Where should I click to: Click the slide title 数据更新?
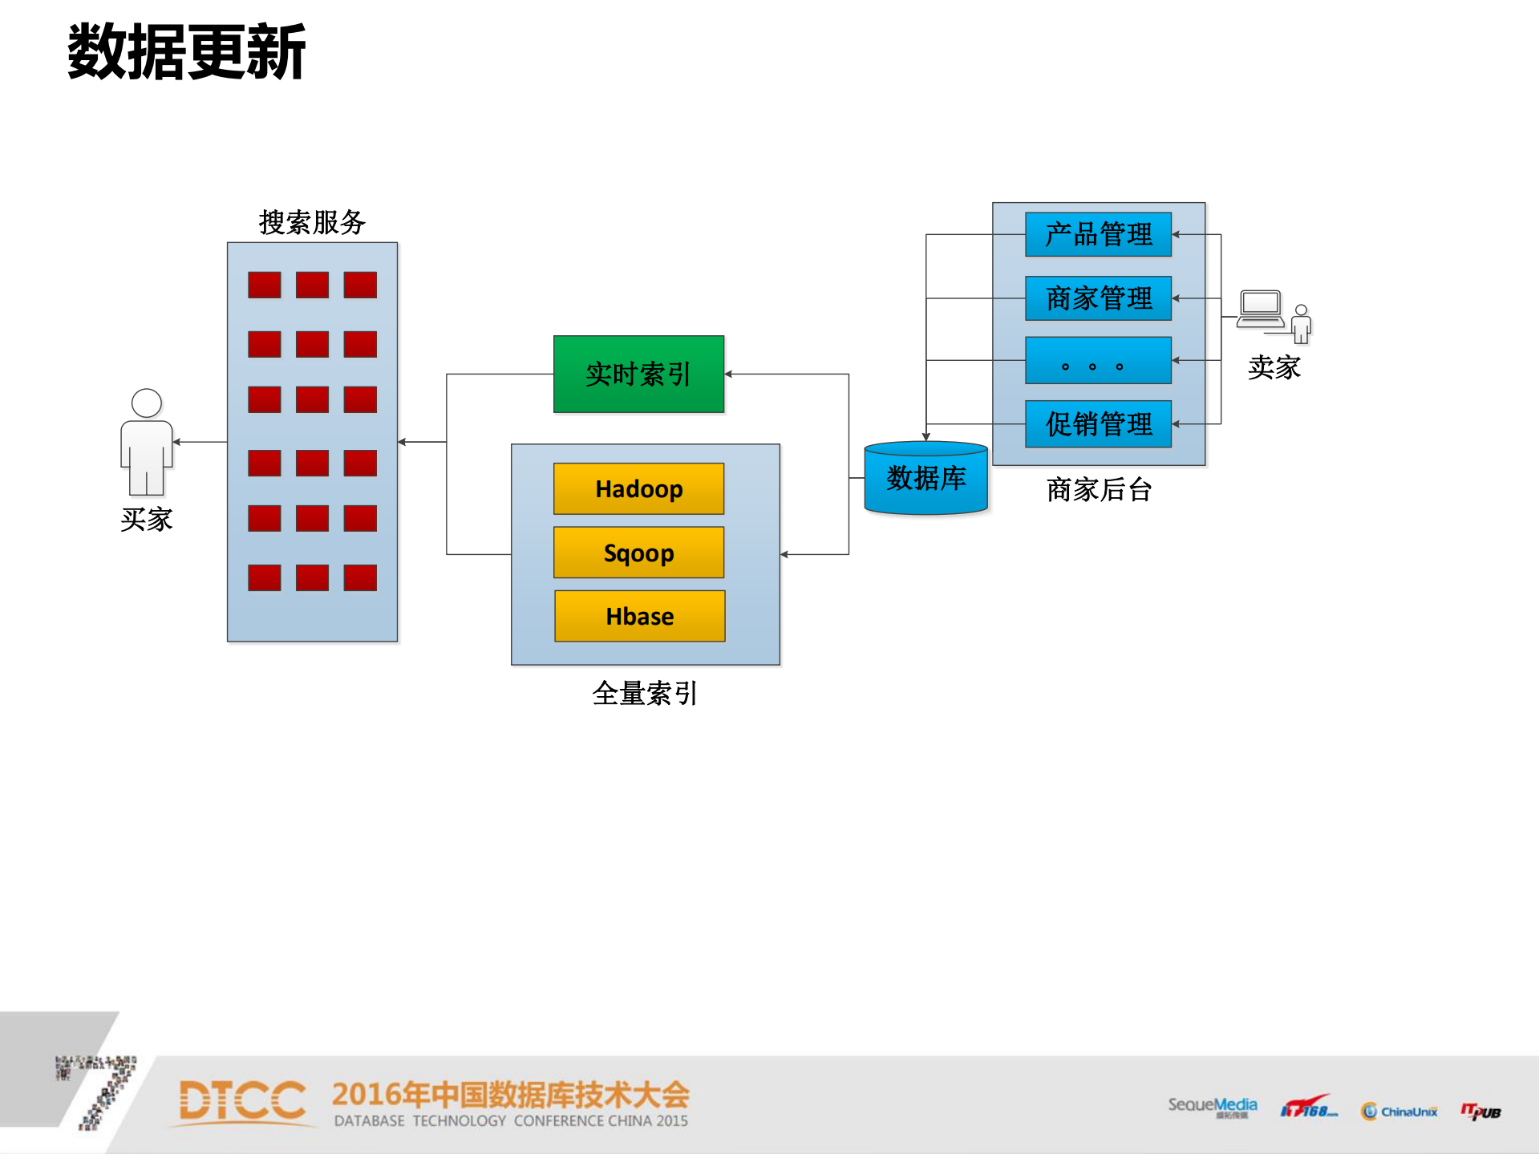click(x=186, y=52)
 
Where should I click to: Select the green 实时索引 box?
click(x=638, y=375)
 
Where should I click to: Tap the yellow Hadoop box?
click(x=638, y=488)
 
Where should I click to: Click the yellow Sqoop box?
click(x=638, y=553)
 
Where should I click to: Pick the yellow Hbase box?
click(x=639, y=616)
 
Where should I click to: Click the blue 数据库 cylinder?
click(x=925, y=479)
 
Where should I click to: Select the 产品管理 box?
click(x=1098, y=234)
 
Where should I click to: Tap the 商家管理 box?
click(x=1098, y=298)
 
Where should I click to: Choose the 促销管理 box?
click(x=1098, y=423)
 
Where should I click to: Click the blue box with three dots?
click(x=1098, y=361)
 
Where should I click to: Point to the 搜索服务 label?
click(x=312, y=222)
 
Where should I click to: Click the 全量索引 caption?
click(x=645, y=693)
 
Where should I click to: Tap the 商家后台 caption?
click(x=1099, y=489)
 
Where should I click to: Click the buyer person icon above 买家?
click(x=147, y=441)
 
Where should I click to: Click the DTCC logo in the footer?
click(x=242, y=1102)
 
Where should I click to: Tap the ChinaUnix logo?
click(x=1399, y=1111)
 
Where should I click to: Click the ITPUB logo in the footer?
click(x=1480, y=1111)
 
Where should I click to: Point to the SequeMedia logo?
click(x=1212, y=1107)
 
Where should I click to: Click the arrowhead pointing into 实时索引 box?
click(x=728, y=374)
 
